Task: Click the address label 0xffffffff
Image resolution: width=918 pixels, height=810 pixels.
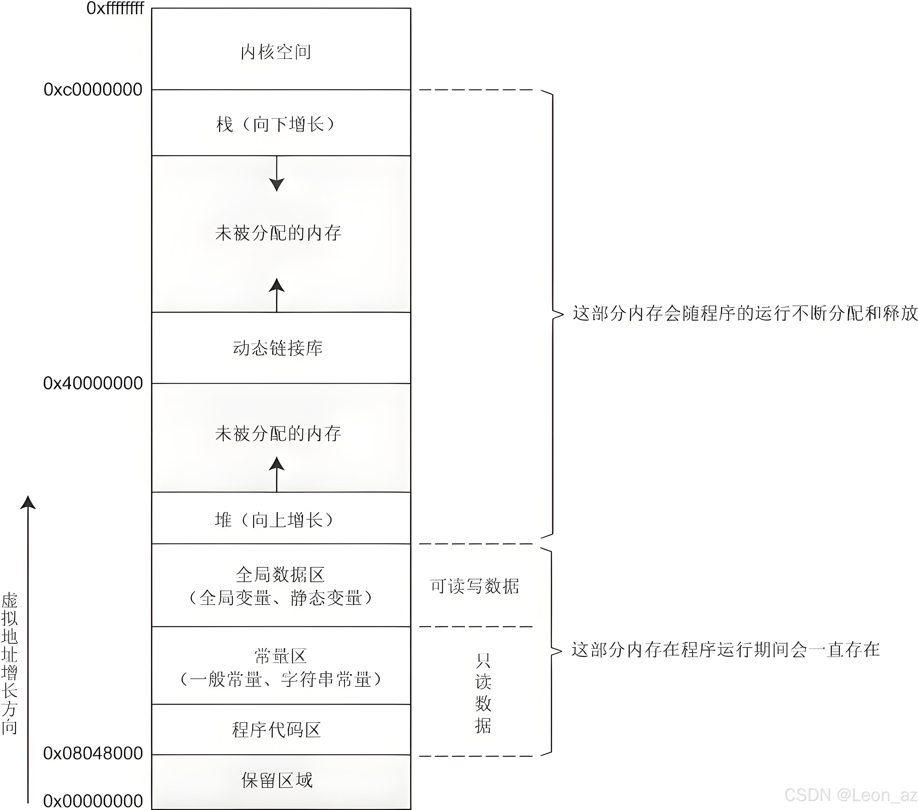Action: (x=115, y=8)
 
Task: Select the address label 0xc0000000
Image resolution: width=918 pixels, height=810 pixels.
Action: (x=93, y=90)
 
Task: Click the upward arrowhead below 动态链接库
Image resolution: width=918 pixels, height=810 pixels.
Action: (x=277, y=286)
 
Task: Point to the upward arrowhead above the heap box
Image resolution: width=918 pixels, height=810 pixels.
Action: (x=277, y=464)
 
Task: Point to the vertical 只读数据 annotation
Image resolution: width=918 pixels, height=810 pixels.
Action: (x=483, y=694)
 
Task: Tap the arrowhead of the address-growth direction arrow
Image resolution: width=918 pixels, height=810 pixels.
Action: (x=28, y=503)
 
